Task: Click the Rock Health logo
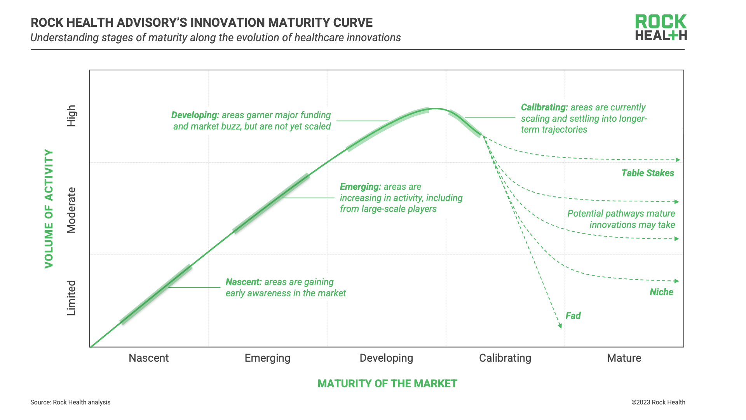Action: click(x=661, y=27)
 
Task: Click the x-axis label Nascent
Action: click(x=148, y=358)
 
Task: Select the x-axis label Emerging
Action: click(x=267, y=358)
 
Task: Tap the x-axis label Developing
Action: click(x=386, y=358)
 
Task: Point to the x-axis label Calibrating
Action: click(x=505, y=358)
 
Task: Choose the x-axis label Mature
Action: click(x=624, y=358)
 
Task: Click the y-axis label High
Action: click(x=71, y=116)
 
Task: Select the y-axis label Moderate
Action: click(x=71, y=210)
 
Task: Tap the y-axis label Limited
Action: click(x=71, y=298)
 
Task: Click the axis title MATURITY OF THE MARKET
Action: click(x=387, y=383)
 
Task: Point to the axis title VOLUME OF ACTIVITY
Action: click(x=49, y=208)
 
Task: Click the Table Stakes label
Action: click(x=647, y=173)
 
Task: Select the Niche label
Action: click(x=661, y=292)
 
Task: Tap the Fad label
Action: click(x=573, y=315)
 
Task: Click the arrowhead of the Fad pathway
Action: click(x=560, y=325)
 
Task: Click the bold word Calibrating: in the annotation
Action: click(x=544, y=107)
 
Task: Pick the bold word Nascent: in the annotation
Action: click(x=244, y=282)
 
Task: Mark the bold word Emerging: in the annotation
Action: click(x=360, y=187)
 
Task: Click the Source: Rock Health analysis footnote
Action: click(x=70, y=402)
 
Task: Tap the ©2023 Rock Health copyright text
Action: click(x=658, y=402)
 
